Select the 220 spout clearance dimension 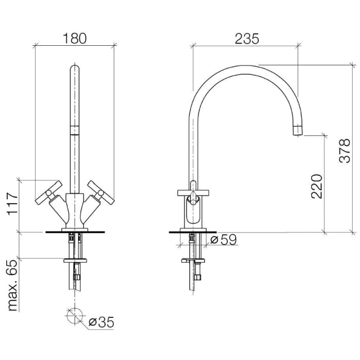317,186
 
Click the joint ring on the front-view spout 75,129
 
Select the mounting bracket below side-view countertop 193,261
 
